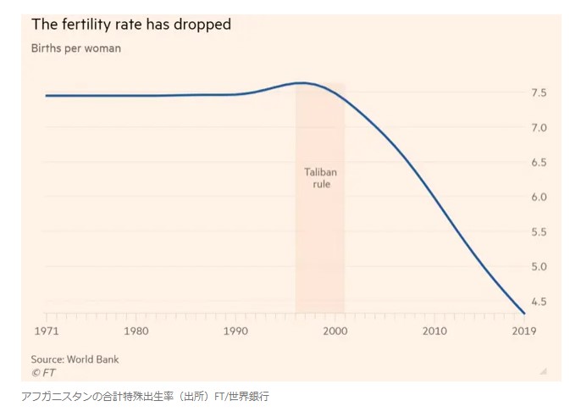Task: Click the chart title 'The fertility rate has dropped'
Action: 131,25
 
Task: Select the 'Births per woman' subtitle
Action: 76,48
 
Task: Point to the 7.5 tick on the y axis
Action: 538,92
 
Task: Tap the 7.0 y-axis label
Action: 538,127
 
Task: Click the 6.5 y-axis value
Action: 538,162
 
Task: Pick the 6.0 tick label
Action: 538,197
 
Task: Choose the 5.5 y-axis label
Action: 538,231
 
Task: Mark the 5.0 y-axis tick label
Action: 538,266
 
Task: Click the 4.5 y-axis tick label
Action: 538,301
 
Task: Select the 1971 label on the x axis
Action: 46,330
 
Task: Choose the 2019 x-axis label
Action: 523,330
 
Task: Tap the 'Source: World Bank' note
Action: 75,359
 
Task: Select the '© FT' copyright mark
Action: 43,371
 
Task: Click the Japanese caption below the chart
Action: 145,396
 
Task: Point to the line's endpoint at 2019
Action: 524,313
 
